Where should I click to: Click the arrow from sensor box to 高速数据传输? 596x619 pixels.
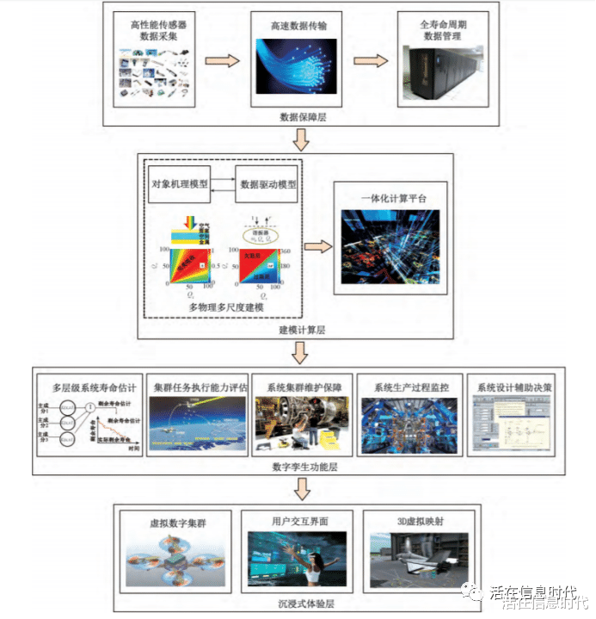[222, 62]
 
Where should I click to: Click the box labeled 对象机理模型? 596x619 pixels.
[180, 184]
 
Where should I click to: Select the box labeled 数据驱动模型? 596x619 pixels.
[268, 184]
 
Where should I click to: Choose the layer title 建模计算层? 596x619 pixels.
[298, 330]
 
